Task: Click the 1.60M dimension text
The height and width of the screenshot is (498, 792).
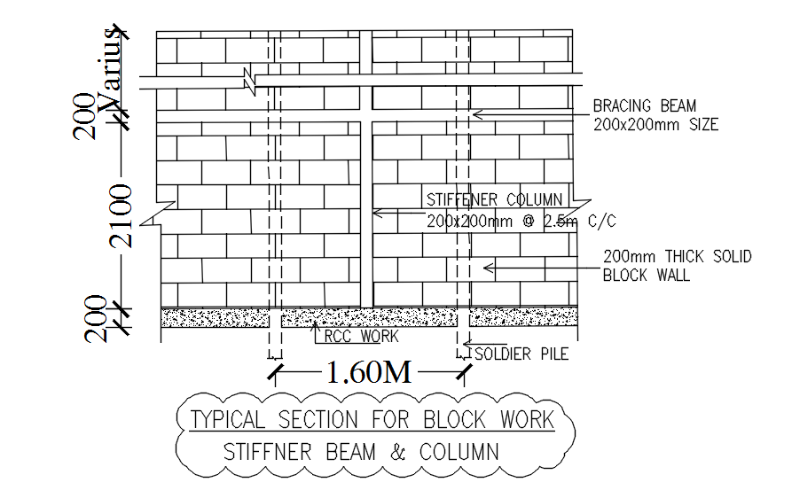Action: (369, 373)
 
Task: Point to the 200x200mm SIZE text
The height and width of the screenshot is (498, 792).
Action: (655, 125)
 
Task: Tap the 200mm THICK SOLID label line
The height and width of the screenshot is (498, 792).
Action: (677, 257)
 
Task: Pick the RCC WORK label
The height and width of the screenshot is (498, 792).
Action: (361, 337)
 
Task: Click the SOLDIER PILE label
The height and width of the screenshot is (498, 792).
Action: (521, 354)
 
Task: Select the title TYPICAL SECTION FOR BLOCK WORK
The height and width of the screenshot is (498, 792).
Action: (372, 418)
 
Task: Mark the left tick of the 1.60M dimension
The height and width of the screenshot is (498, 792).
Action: (276, 373)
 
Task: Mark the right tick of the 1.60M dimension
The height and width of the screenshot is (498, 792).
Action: (463, 373)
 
